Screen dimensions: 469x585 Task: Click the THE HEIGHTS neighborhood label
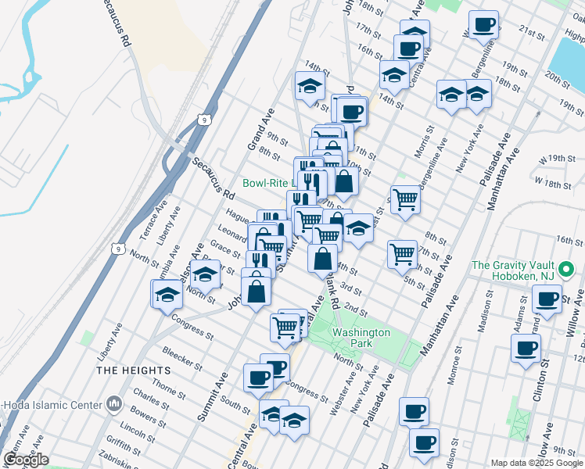point(133,370)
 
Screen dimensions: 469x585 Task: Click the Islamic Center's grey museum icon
point(114,404)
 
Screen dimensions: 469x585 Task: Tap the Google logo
point(25,460)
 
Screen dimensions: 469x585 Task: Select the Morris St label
point(427,142)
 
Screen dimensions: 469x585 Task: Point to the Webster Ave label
point(339,399)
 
